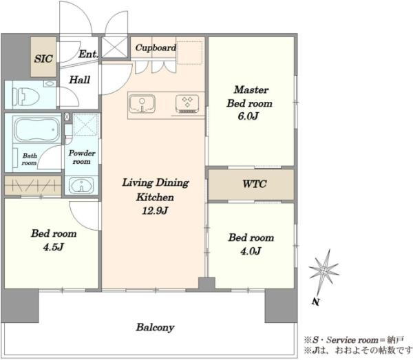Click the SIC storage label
(43, 59)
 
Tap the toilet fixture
(26, 96)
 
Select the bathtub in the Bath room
(36, 129)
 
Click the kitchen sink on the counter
(142, 104)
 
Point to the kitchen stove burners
(187, 103)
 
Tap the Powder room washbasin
(81, 185)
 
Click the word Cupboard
(156, 47)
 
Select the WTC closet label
(255, 184)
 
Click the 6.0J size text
(248, 116)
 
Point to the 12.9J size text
(155, 211)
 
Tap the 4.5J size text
(54, 247)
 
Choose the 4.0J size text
(251, 251)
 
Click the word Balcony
(155, 328)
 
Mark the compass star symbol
(324, 271)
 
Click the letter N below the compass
(315, 301)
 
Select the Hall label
(80, 80)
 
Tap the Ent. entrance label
(88, 54)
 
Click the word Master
(251, 89)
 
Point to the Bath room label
(29, 159)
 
